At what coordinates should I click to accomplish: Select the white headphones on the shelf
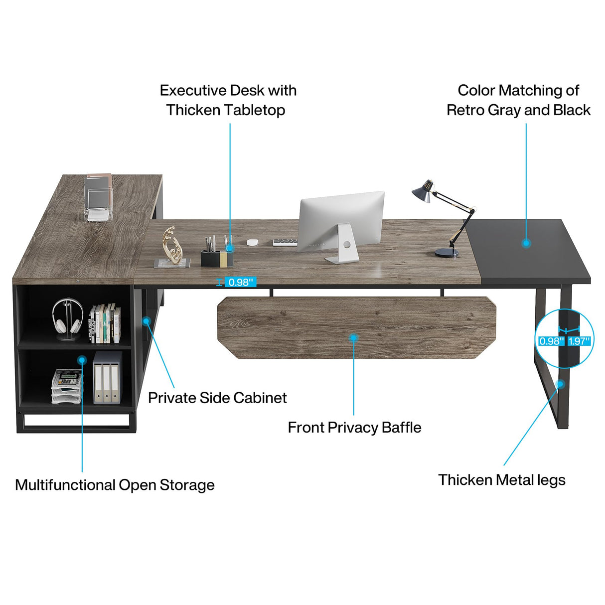tap(67, 317)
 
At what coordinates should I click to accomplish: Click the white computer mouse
tap(253, 242)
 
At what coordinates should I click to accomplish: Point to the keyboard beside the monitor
tap(285, 242)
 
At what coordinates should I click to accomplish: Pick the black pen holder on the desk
tap(217, 257)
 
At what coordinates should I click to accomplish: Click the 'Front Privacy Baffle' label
tap(354, 428)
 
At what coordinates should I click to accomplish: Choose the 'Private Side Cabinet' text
tap(217, 398)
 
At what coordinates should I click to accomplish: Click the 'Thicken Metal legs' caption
tap(502, 480)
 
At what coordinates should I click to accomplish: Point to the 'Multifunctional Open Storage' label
tap(115, 485)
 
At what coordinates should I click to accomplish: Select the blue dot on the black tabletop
tap(526, 243)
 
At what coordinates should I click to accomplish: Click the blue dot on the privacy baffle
tap(353, 338)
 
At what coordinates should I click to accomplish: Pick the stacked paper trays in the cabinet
tap(67, 386)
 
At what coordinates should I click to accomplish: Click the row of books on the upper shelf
tap(105, 324)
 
